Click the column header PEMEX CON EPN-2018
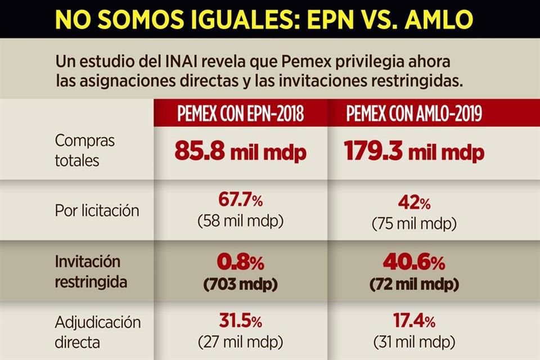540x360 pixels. (241, 115)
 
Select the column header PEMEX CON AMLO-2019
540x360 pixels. (414, 115)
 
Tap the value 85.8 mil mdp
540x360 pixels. (240, 151)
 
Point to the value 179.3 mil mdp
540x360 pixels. (413, 151)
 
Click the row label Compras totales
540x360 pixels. (84, 150)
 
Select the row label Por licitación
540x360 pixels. (97, 211)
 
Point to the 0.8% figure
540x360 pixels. (240, 262)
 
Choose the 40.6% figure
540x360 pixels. (414, 262)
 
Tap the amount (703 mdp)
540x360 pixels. (240, 284)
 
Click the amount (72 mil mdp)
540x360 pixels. (414, 284)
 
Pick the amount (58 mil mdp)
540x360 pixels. (240, 222)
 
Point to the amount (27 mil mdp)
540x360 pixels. (240, 341)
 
